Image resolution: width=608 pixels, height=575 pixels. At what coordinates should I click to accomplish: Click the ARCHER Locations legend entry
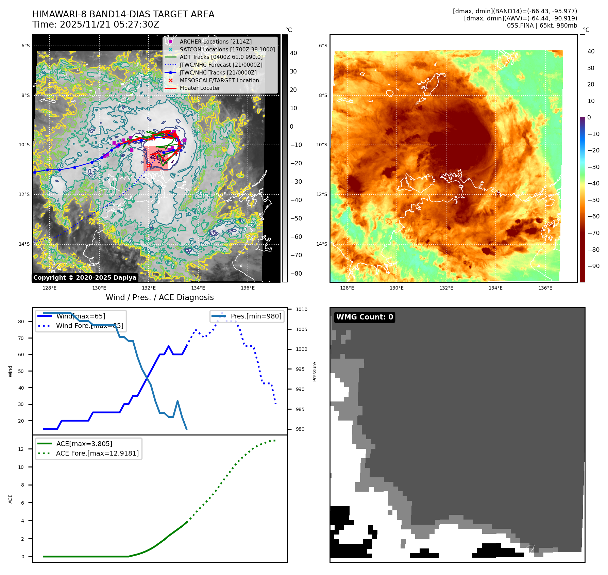(x=216, y=42)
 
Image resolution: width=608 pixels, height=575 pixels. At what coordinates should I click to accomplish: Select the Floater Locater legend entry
(x=200, y=88)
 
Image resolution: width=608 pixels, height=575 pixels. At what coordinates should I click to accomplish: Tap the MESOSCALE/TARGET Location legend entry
(x=219, y=80)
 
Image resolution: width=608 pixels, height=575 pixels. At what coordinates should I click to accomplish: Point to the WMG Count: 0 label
(x=365, y=317)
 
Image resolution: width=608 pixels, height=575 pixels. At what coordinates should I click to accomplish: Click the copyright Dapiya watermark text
(x=85, y=278)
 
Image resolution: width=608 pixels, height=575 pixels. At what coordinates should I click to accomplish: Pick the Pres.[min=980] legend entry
(x=256, y=316)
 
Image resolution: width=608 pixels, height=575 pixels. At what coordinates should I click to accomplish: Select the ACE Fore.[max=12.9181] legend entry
(x=97, y=453)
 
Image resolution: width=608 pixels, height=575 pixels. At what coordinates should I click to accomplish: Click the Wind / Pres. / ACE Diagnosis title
(x=160, y=297)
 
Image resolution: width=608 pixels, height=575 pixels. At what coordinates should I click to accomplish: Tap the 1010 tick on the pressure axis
(x=301, y=309)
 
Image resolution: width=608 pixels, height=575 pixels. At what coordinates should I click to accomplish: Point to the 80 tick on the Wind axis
(x=21, y=322)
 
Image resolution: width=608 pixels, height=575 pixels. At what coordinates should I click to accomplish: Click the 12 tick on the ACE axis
(x=21, y=449)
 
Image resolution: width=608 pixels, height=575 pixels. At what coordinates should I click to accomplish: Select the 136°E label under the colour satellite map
(x=545, y=288)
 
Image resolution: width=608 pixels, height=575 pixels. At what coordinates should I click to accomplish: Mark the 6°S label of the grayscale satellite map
(x=26, y=46)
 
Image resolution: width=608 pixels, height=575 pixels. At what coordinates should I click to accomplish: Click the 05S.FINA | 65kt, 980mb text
(x=542, y=26)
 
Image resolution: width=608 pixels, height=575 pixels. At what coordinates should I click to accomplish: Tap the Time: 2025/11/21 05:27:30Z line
(x=96, y=24)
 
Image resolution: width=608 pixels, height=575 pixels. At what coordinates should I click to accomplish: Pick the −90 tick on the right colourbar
(x=594, y=266)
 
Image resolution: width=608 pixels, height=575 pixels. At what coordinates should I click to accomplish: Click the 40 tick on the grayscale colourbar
(x=293, y=53)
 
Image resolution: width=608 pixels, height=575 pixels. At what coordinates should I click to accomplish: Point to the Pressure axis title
(x=315, y=372)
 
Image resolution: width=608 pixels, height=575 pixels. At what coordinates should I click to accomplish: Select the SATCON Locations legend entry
(x=227, y=49)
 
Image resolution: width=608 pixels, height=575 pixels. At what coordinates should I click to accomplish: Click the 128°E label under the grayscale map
(x=50, y=288)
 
